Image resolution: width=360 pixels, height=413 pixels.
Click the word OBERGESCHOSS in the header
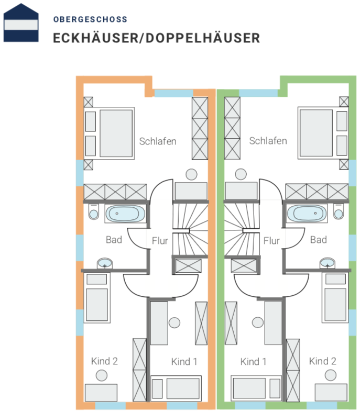pos(90,19)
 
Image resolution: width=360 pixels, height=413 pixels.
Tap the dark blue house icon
pos(21,23)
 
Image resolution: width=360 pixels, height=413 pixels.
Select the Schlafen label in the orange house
pos(158,141)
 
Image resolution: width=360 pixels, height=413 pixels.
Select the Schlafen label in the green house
pos(268,141)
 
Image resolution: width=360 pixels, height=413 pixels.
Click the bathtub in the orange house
pos(125,214)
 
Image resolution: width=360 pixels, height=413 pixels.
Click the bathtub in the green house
pos(307,213)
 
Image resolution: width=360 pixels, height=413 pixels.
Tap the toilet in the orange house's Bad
pos(94,211)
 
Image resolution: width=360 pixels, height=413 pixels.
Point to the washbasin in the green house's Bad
pos(328,263)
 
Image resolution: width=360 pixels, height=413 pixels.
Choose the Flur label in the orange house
pos(160,241)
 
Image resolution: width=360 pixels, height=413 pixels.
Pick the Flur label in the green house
pos(271,241)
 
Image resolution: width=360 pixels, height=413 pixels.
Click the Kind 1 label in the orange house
pos(184,362)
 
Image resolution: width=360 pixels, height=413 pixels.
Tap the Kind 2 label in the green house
pos(323,361)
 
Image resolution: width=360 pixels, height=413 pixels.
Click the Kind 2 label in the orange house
pos(104,361)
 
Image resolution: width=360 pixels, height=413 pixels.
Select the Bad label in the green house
pos(318,240)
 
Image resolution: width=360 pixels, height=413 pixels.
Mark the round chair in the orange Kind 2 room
pos(102,375)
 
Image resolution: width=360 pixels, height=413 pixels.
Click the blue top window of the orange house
pos(174,93)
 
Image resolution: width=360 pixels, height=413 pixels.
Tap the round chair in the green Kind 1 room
pos(258,322)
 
